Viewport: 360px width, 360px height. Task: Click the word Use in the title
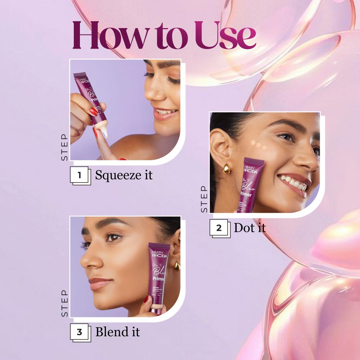(x=226, y=35)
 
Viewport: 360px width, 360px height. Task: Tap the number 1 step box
(x=80, y=176)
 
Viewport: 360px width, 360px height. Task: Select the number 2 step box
(x=219, y=228)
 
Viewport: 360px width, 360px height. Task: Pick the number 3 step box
(x=80, y=332)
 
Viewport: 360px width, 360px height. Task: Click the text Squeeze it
(x=124, y=175)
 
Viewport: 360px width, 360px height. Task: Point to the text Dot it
(x=250, y=228)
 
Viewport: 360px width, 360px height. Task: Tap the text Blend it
(x=117, y=332)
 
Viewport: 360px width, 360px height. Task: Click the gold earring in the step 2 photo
(x=227, y=168)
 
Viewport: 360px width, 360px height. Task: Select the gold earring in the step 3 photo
(x=177, y=266)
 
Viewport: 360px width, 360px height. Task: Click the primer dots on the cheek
(x=258, y=145)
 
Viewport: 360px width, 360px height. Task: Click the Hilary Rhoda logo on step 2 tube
(x=251, y=170)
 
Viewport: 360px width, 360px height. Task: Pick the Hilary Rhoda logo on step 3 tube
(x=159, y=254)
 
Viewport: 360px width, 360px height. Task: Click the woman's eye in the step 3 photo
(x=113, y=238)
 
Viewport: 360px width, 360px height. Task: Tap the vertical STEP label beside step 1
(x=64, y=148)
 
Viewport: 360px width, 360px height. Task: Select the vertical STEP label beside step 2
(x=204, y=199)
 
